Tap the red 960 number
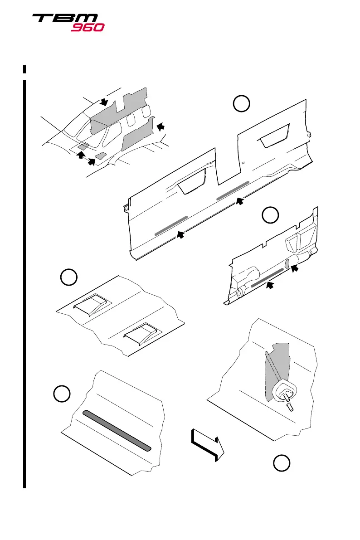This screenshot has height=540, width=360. tap(88, 27)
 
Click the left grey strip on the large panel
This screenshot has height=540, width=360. tap(171, 226)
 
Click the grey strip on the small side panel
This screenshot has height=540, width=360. tap(268, 277)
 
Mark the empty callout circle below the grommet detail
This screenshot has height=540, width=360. tap(282, 464)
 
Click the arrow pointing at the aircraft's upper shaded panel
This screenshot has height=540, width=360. tap(104, 102)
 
